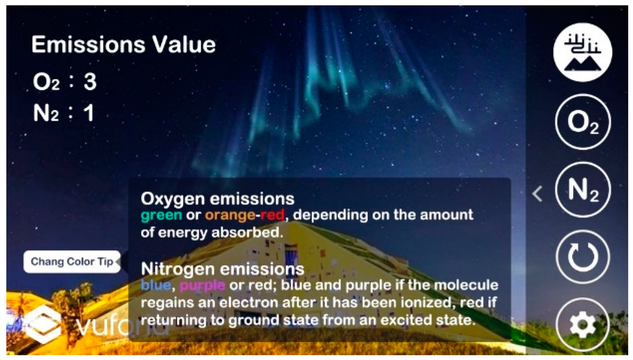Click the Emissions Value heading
pos(124,45)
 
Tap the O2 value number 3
pos(90,82)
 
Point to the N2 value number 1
pos(89,113)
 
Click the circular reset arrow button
pos(583,257)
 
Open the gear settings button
pos(583,325)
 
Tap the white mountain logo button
pos(583,52)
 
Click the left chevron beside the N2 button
pos(537,194)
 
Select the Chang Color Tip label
pos(72,262)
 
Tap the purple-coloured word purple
pos(202,285)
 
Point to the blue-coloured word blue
pos(156,285)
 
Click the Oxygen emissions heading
pos(217,199)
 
